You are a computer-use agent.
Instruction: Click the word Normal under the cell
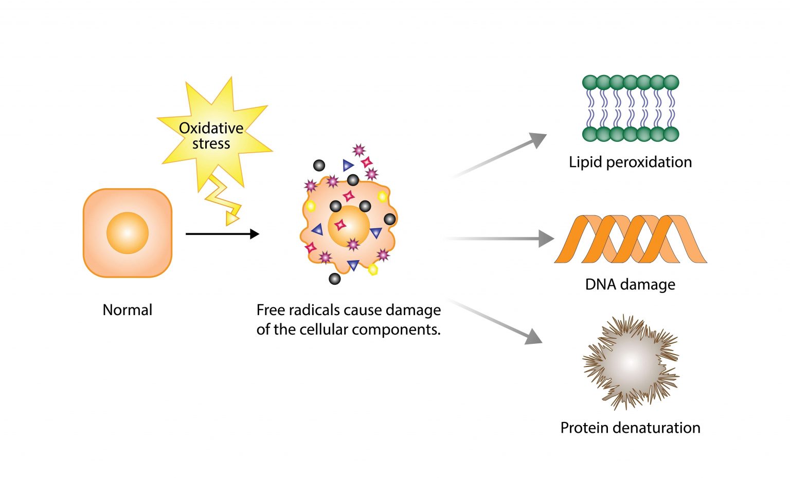(x=128, y=310)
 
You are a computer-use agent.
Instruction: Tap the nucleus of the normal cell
(x=128, y=233)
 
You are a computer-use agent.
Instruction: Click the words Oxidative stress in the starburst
(x=211, y=136)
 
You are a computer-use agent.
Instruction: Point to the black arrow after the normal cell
(x=222, y=234)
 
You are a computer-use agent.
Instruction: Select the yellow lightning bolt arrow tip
(x=232, y=219)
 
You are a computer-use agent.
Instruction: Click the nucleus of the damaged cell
(x=348, y=226)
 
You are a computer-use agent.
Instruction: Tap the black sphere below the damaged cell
(x=334, y=279)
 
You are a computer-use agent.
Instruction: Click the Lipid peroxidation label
(x=630, y=162)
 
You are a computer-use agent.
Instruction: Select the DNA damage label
(x=630, y=284)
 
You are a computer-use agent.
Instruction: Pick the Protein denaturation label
(x=630, y=428)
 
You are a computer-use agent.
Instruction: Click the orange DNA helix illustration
(x=631, y=239)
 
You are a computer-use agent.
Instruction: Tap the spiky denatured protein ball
(x=631, y=362)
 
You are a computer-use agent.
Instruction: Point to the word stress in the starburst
(x=211, y=143)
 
